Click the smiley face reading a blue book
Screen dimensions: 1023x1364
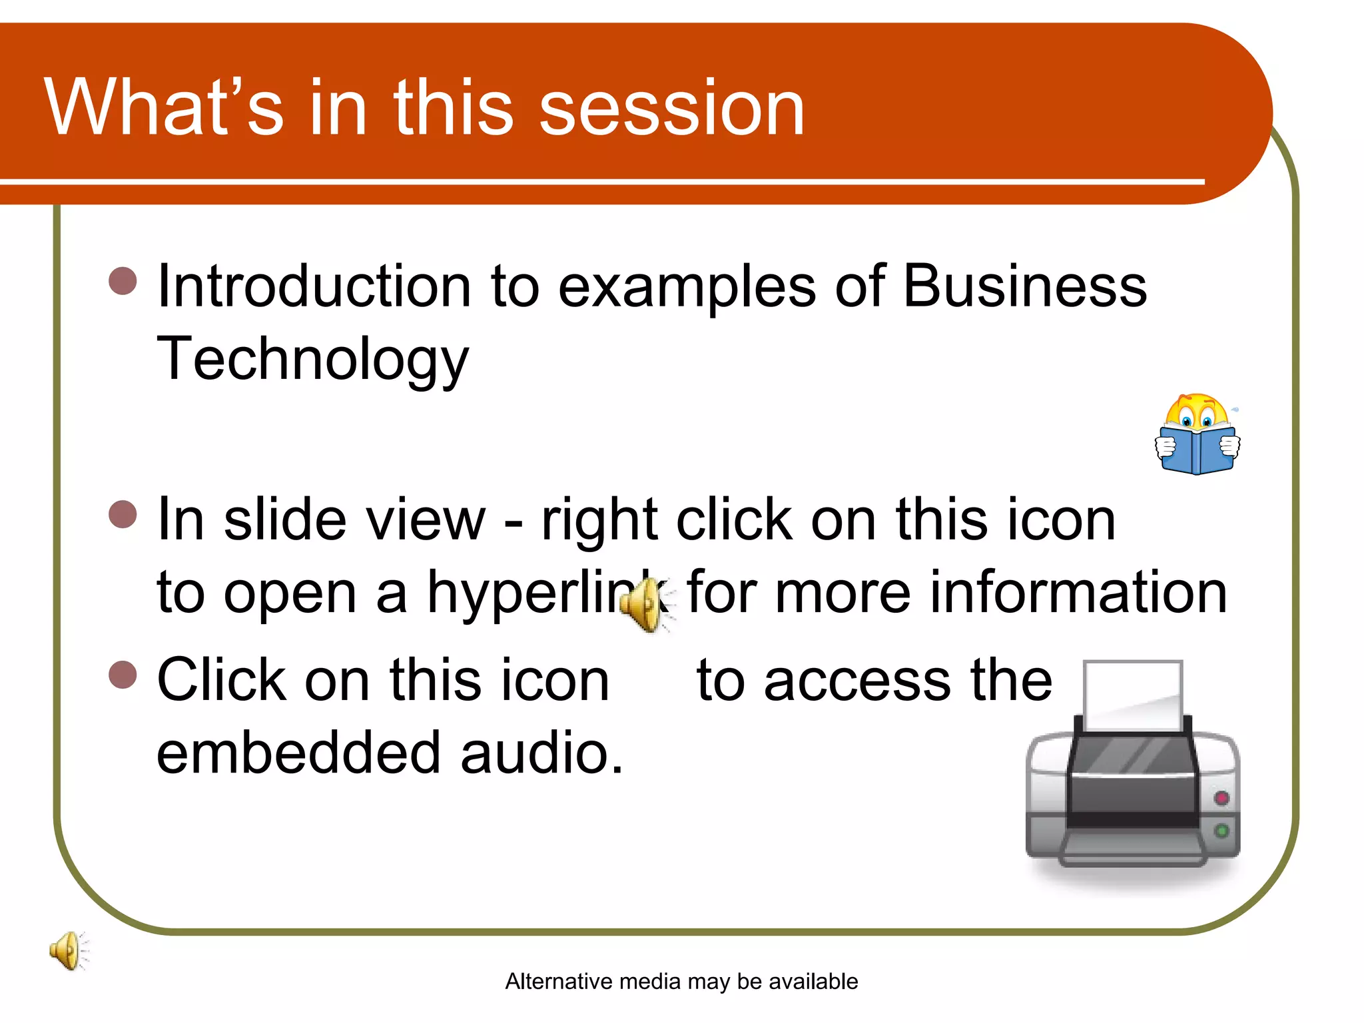click(x=1197, y=434)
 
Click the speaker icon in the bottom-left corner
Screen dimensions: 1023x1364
click(x=68, y=950)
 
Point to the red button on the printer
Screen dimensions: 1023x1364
click(x=1221, y=798)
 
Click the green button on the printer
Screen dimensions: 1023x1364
click(x=1221, y=831)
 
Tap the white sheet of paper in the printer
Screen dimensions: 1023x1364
click(x=1132, y=693)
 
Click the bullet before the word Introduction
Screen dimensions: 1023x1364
click(x=123, y=281)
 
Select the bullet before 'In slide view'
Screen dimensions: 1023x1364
click(x=123, y=514)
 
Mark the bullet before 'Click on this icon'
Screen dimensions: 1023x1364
click(x=123, y=674)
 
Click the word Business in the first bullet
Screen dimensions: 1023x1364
click(x=1024, y=286)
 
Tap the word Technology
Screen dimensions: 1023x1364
click(x=312, y=360)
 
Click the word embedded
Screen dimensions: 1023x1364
click(x=298, y=753)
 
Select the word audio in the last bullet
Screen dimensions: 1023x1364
click(x=541, y=753)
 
